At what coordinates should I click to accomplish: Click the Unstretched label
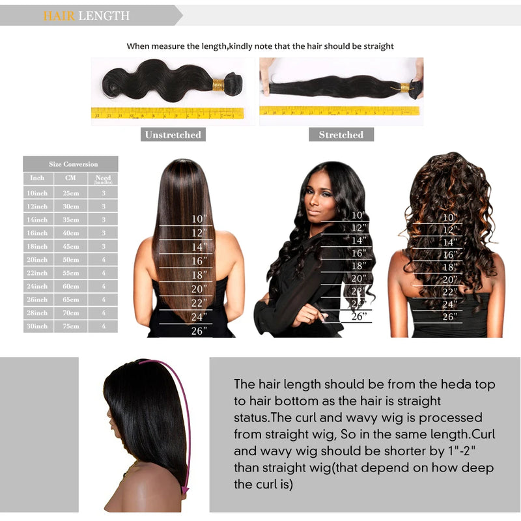coord(173,135)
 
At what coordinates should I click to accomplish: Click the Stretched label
coord(341,135)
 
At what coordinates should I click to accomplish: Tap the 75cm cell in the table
coord(70,326)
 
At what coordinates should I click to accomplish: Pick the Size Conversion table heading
coord(70,164)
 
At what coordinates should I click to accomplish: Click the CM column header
coord(70,178)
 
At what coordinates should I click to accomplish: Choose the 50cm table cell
coord(70,259)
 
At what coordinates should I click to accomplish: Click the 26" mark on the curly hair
coord(450,317)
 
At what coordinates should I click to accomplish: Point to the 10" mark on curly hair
coord(450,218)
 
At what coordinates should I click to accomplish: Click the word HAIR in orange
coord(59,16)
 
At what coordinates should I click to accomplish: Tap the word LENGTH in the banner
coord(104,16)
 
